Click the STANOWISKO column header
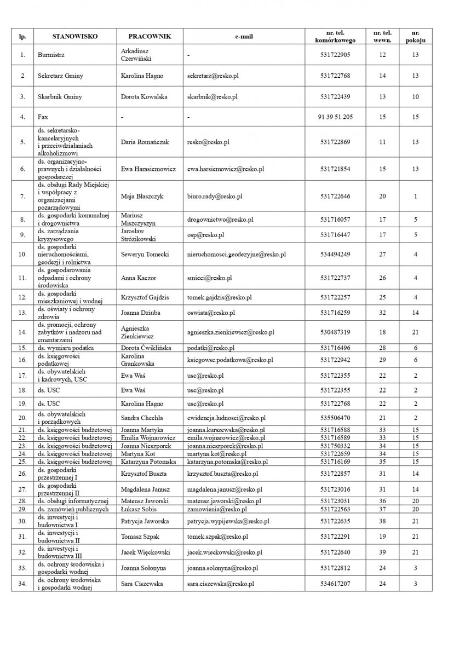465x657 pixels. tap(75, 36)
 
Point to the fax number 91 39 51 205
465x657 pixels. tap(335, 117)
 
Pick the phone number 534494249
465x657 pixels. tap(335, 254)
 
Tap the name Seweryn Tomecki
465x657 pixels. tap(145, 254)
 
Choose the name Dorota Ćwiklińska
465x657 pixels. tap(146, 348)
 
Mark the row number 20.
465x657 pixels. tap(22, 418)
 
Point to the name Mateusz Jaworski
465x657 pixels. tap(144, 501)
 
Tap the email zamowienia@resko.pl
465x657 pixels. tap(214, 509)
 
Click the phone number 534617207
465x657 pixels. tap(335, 584)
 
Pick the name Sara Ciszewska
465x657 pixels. tap(142, 584)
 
